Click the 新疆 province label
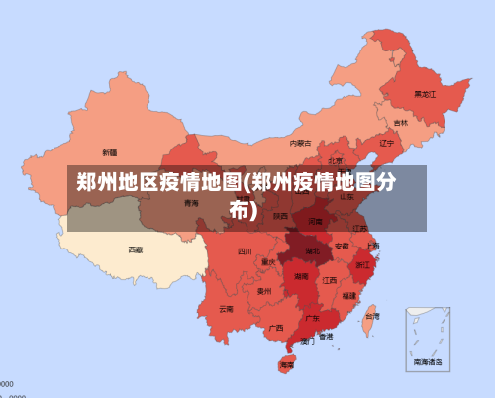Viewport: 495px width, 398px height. tap(109, 152)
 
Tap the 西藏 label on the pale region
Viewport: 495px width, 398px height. tap(136, 249)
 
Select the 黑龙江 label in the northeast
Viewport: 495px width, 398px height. tap(425, 94)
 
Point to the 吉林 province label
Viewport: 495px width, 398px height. tap(400, 123)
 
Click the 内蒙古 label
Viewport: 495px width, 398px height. tap(300, 143)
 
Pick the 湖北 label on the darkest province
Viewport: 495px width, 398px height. tap(312, 250)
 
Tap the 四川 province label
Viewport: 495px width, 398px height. tap(245, 251)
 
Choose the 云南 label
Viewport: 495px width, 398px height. tap(226, 309)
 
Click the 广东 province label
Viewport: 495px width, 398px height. tap(312, 319)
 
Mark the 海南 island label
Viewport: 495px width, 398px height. tap(286, 365)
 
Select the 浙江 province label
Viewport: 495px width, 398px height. tap(363, 265)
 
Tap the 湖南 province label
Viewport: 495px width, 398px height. tap(301, 277)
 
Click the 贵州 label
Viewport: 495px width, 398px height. tap(264, 291)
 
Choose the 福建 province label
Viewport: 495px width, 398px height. tap(349, 295)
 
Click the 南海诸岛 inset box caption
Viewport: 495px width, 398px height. tap(429, 363)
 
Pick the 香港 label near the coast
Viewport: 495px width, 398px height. tap(326, 337)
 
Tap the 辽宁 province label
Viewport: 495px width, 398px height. tap(387, 143)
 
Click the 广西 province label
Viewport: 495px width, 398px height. tap(276, 327)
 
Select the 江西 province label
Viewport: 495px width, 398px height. tap(330, 280)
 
